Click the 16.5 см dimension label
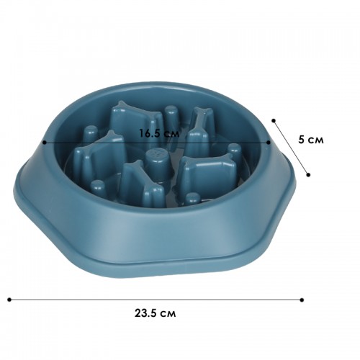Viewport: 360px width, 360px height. [x=159, y=133]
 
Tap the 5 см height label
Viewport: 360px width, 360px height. [x=311, y=140]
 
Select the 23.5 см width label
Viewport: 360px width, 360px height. [x=155, y=313]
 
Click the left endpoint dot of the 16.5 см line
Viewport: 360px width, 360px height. [x=45, y=143]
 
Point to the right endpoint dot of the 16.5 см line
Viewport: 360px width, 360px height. [x=269, y=143]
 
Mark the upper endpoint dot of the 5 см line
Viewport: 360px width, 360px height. [x=274, y=120]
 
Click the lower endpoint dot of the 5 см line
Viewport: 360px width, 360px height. [x=308, y=175]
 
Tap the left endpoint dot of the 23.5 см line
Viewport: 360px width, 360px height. [x=9, y=300]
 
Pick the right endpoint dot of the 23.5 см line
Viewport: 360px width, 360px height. [x=302, y=300]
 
